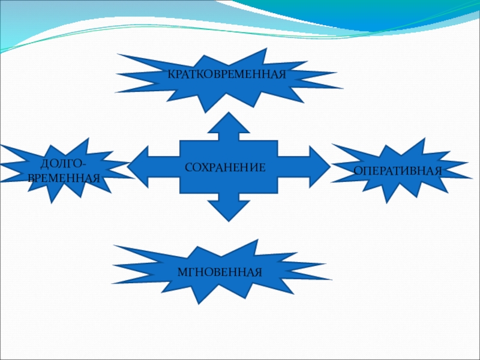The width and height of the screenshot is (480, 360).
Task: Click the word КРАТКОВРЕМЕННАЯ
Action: point(226,74)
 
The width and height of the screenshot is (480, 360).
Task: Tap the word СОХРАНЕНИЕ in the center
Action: point(225,166)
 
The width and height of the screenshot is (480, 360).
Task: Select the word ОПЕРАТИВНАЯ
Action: point(397,171)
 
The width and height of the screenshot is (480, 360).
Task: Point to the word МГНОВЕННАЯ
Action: point(220,272)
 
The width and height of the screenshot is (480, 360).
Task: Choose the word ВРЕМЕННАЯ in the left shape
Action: point(64,178)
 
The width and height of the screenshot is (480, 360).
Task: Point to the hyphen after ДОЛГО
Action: point(83,165)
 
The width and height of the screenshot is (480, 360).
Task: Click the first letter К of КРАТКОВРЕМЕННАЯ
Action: point(170,75)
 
